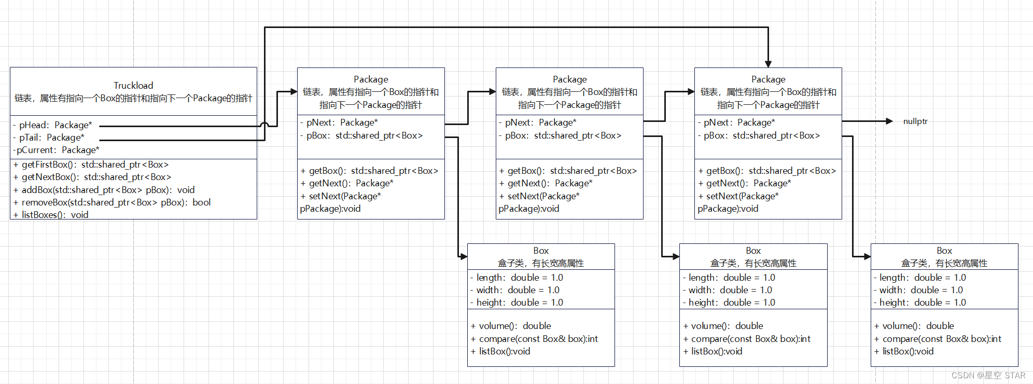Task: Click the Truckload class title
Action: [133, 86]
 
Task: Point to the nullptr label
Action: [915, 121]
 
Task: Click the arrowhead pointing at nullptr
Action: [889, 121]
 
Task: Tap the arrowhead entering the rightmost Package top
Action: [768, 64]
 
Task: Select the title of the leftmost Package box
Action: [371, 79]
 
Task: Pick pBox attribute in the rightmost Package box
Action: [761, 135]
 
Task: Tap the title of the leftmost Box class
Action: [541, 251]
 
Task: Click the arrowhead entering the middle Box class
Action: [676, 256]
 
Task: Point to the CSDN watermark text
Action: [988, 375]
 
